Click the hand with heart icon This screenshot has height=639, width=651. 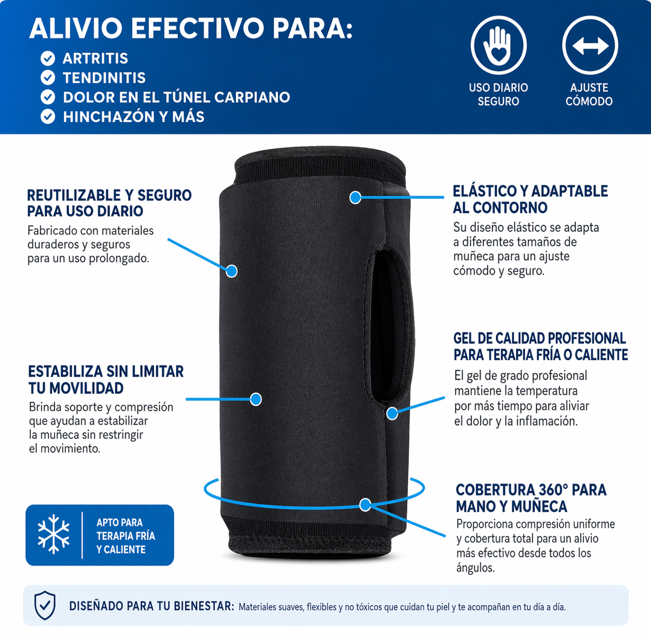[x=498, y=45]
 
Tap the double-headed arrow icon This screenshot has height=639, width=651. [x=590, y=45]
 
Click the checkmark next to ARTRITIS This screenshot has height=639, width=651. [x=48, y=59]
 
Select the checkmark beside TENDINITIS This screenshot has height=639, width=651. [x=48, y=78]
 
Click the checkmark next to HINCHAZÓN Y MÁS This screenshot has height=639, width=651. [x=48, y=117]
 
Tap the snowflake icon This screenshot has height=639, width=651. [x=53, y=534]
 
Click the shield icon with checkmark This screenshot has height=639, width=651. [x=45, y=605]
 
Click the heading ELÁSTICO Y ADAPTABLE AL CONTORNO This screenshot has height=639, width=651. [x=530, y=199]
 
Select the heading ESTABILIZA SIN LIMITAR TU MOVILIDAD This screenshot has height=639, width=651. [x=106, y=379]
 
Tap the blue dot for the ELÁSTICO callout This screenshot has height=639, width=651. [x=355, y=197]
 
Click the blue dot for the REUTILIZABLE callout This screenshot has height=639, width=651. [x=231, y=271]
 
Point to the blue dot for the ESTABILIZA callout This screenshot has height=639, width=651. [x=256, y=399]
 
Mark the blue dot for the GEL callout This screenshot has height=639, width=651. [x=392, y=413]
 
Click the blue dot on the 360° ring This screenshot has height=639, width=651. [x=365, y=505]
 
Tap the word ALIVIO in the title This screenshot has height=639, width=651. [x=76, y=28]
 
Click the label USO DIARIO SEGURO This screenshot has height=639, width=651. [x=498, y=95]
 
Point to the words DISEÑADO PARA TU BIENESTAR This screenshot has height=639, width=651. [x=151, y=606]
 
